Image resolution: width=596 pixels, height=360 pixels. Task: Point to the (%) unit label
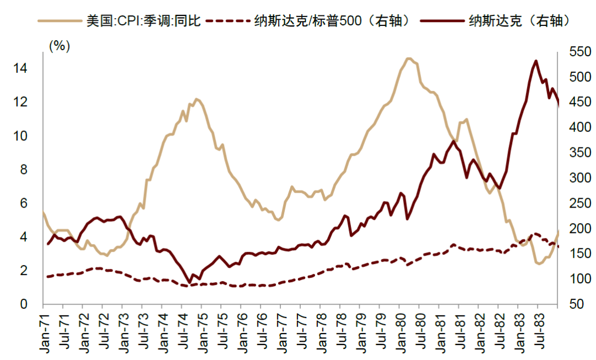point(60,46)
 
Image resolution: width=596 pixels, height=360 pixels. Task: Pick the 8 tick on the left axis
point(23,170)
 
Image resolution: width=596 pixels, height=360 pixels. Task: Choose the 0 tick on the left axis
point(23,304)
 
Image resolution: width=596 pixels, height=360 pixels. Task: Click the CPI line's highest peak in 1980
point(408,58)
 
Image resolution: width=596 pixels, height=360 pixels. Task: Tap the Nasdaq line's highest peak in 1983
point(536,61)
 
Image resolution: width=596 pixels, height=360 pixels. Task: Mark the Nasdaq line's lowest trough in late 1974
point(189,283)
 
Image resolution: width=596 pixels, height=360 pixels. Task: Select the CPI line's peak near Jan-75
point(196,99)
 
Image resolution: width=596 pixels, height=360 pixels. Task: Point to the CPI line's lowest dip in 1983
point(538,264)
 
